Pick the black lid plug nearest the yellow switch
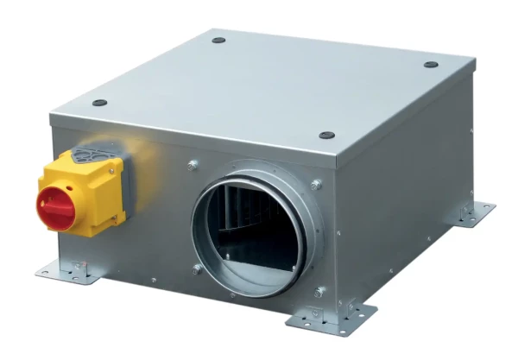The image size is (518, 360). [100, 103]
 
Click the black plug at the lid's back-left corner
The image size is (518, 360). [218, 40]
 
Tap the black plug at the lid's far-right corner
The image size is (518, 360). [431, 65]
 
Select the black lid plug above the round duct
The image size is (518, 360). [326, 136]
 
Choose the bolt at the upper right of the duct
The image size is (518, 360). [317, 184]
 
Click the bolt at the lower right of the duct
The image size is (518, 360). [320, 292]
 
